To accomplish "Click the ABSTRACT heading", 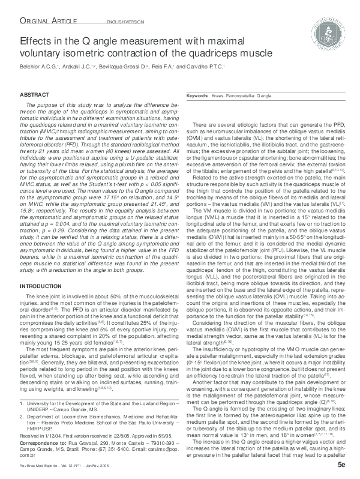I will [34, 95].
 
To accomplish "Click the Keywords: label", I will [197, 96].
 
